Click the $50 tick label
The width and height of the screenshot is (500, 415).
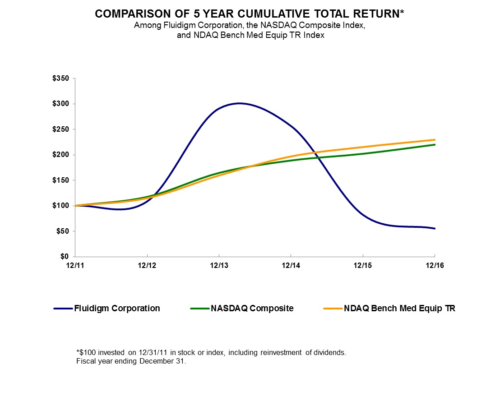coord(64,231)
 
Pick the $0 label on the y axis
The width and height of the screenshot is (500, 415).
coord(65,257)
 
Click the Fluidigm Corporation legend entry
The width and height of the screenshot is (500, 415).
coord(116,309)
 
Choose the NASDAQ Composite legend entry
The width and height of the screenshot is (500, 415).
coord(252,309)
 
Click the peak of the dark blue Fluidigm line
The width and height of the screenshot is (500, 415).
coord(239,103)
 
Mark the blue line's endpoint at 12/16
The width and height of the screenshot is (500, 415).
coord(435,229)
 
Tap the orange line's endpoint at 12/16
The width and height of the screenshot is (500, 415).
coord(435,140)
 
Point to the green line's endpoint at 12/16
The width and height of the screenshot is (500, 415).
coord(435,144)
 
